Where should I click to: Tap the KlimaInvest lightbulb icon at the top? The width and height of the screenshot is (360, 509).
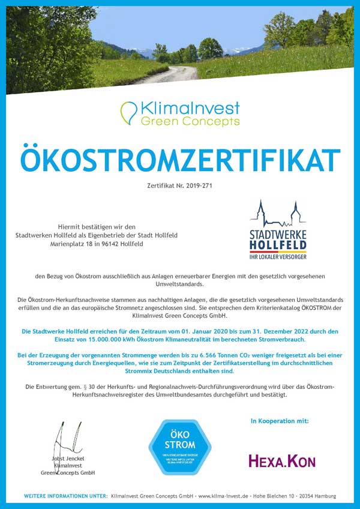point(128,113)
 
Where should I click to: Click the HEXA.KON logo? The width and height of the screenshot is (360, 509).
point(282,460)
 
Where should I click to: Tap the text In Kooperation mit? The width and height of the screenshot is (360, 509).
point(280,421)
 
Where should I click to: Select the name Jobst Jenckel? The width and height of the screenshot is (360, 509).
point(68,459)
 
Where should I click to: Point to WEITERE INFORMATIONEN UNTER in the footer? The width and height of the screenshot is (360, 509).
point(65,496)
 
